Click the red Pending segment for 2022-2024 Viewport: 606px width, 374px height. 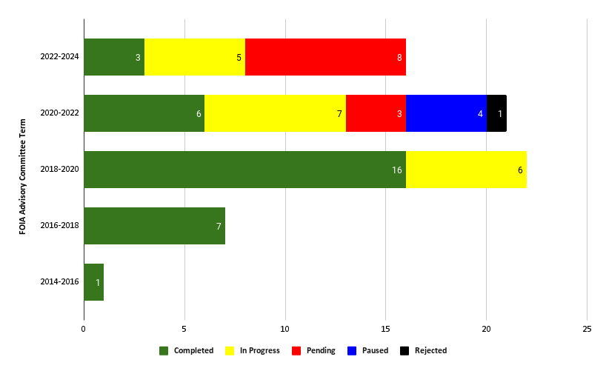(325, 57)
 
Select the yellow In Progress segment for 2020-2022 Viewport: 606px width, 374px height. (275, 113)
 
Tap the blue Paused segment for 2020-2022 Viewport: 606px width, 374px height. (446, 113)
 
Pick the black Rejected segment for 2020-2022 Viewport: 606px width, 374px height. (496, 113)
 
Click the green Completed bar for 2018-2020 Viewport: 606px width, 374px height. (244, 170)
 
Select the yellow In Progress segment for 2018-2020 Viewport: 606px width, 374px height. (466, 170)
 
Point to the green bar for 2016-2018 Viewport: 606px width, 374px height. (154, 226)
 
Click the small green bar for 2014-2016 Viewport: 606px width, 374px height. (93, 282)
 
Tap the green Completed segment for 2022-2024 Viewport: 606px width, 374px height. (114, 57)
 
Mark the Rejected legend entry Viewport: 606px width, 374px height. (424, 350)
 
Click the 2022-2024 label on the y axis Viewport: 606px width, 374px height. (59, 57)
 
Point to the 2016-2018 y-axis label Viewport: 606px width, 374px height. (59, 226)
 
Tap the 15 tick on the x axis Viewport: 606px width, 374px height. (385, 328)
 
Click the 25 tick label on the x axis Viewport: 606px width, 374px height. (587, 328)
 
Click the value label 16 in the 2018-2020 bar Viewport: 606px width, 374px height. (397, 170)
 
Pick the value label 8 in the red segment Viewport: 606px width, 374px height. (399, 58)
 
